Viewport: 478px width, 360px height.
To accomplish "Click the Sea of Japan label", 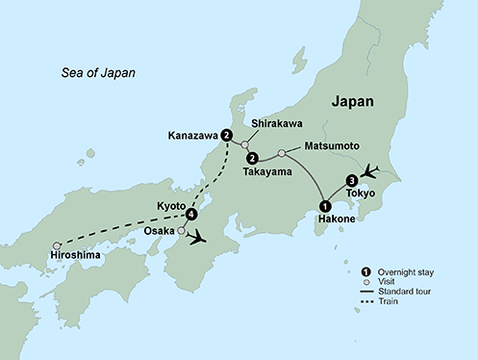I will coord(97,73).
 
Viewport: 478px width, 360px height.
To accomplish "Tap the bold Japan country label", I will coord(352,100).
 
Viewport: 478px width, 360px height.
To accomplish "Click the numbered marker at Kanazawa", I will coord(227,134).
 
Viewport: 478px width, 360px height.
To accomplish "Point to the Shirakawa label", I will coord(277,123).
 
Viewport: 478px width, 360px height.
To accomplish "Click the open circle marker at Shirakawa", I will coord(244,146).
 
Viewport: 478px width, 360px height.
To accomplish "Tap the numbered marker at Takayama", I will coord(252,158).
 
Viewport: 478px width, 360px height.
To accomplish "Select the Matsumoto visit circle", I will coord(281,153).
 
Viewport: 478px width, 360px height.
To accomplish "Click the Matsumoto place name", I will coord(331,146).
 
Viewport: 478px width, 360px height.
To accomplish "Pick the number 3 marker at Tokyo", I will coord(351,180).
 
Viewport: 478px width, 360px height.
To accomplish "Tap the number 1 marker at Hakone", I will coord(325,206).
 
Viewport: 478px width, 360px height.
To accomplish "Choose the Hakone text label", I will coord(336,220).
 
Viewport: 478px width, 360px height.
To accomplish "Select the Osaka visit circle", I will coord(181,231).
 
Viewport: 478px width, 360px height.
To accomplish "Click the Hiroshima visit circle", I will coord(57,245).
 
